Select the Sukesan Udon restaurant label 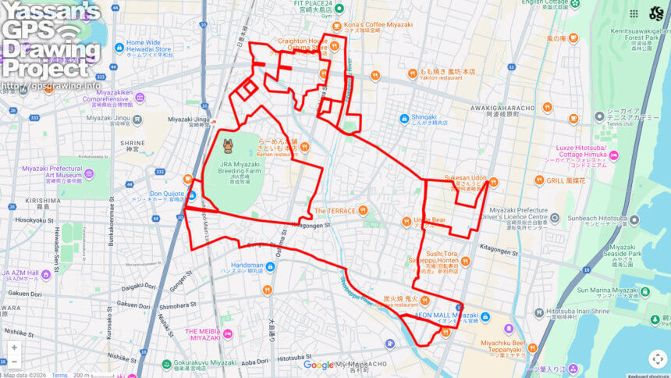(x=465, y=178)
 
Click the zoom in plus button (x=14, y=347)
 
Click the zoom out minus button (x=14, y=362)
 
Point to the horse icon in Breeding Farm (x=228, y=145)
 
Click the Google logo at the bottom (x=318, y=365)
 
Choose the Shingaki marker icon (x=404, y=119)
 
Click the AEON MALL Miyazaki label (x=446, y=316)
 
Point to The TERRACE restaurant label (x=335, y=211)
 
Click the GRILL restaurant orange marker (x=539, y=180)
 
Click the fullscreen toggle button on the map (x=657, y=358)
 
